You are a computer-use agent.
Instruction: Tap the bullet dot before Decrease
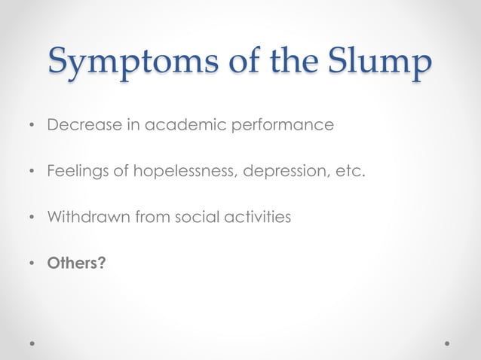pyautogui.click(x=32, y=125)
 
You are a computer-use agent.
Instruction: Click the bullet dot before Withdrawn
pyautogui.click(x=32, y=218)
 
